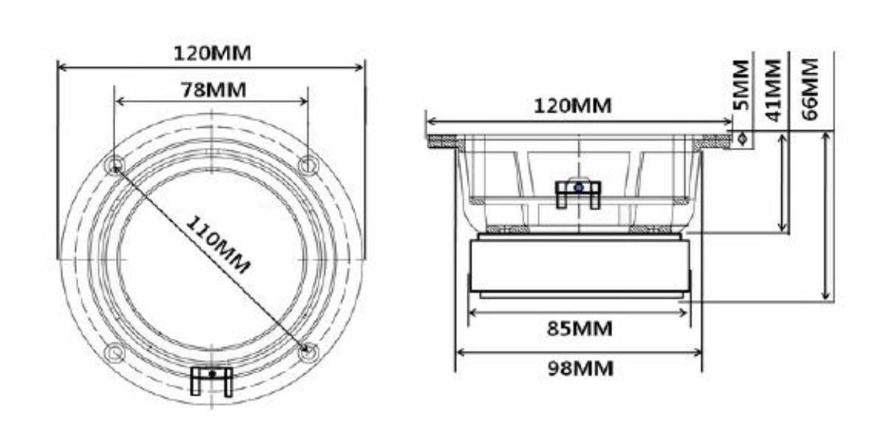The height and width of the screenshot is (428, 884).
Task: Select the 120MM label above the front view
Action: coord(212,53)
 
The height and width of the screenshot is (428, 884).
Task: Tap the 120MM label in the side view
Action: coord(572,106)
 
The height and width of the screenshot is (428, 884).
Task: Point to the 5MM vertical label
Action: coord(741,86)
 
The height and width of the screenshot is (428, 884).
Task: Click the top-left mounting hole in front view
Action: coord(114,165)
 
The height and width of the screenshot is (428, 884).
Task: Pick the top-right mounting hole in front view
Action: coord(308,164)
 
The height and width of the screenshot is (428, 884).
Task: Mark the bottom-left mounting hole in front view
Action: coord(113,353)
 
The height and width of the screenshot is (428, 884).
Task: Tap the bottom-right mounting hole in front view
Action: coord(309,352)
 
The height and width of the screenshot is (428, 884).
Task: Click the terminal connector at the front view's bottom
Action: coord(212,380)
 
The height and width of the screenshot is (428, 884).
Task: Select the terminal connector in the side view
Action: coord(578,193)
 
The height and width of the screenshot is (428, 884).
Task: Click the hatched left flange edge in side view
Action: coord(442,140)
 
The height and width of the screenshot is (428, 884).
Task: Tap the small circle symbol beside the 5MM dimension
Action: coord(742,138)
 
